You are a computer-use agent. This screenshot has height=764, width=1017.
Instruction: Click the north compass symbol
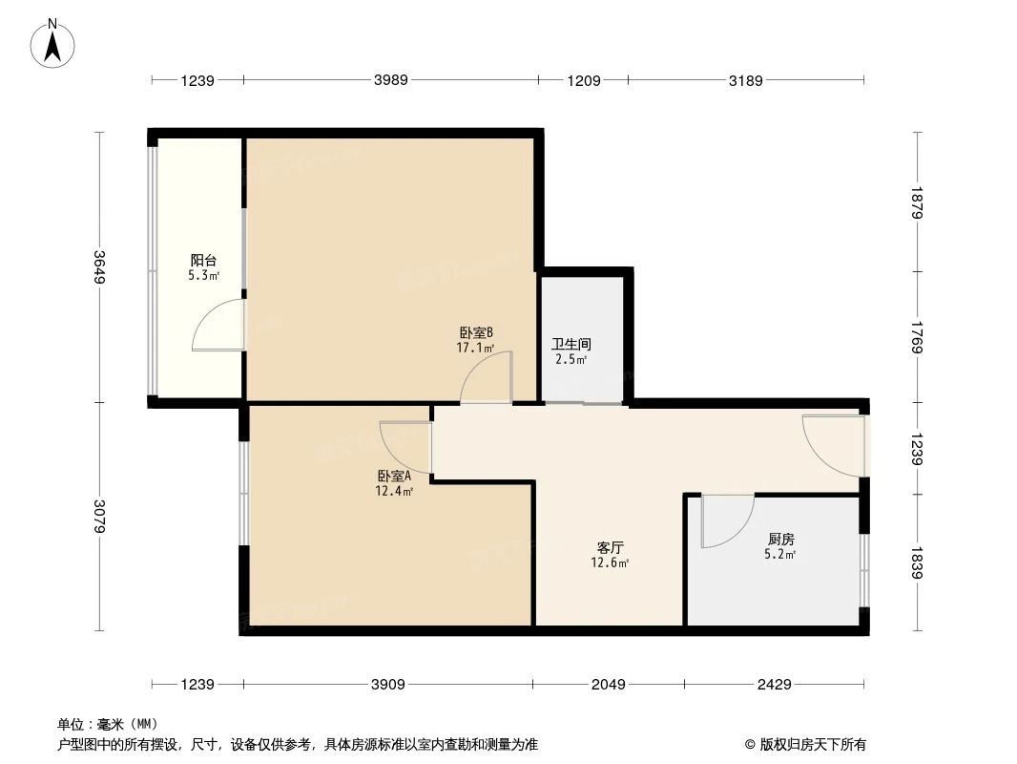tap(53, 44)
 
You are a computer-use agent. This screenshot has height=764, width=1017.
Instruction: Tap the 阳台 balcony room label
tap(203, 260)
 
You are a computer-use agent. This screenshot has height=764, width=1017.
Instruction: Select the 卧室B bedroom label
tap(475, 332)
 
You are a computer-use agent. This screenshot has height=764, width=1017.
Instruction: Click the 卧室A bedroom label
tap(393, 476)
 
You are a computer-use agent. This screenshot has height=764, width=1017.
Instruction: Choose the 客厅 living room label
tap(610, 547)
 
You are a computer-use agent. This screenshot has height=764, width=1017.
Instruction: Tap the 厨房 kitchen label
tap(779, 538)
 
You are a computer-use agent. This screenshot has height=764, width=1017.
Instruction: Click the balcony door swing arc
tap(215, 327)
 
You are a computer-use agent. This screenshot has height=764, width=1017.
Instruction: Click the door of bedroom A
tap(405, 447)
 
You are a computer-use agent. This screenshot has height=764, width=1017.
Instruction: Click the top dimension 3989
tap(391, 80)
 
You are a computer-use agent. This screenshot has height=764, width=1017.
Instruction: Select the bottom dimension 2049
tap(608, 684)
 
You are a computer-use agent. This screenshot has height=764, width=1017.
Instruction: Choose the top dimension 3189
tap(746, 80)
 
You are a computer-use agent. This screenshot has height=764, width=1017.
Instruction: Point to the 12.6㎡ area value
tap(610, 563)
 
